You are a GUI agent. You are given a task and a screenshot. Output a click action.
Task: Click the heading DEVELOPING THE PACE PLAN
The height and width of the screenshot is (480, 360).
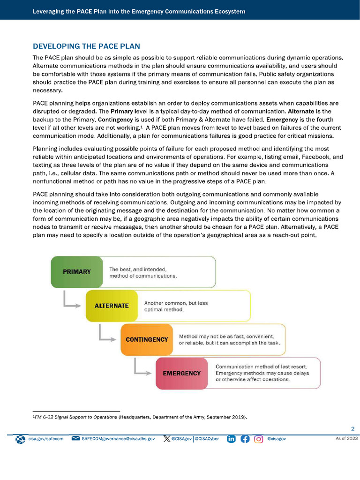pyautogui.click(x=86, y=46)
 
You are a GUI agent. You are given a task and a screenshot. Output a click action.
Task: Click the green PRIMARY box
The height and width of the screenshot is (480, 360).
pyautogui.click(x=77, y=271)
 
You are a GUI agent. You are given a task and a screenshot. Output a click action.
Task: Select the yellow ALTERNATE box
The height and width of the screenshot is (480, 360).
pyautogui.click(x=112, y=306)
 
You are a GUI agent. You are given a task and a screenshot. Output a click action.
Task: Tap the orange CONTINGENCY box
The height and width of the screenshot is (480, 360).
pyautogui.click(x=147, y=339)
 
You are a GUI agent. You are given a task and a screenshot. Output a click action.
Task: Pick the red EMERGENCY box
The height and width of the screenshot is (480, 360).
pyautogui.click(x=181, y=374)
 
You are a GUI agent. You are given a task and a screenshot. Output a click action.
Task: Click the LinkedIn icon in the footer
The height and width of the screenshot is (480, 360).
pyautogui.click(x=231, y=439)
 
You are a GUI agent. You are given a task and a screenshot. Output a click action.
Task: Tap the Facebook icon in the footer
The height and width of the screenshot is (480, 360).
pyautogui.click(x=245, y=439)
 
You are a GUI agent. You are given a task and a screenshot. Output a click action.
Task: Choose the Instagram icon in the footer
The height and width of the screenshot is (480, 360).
pyautogui.click(x=258, y=439)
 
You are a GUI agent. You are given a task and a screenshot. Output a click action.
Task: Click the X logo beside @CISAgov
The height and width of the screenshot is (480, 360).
pyautogui.click(x=166, y=439)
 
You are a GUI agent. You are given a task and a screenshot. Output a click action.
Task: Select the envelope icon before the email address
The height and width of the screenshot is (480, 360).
pyautogui.click(x=75, y=439)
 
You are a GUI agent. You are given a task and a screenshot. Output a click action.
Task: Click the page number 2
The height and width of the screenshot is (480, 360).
pyautogui.click(x=353, y=428)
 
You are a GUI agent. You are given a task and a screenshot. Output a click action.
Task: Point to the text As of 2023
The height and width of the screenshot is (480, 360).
pyautogui.click(x=346, y=439)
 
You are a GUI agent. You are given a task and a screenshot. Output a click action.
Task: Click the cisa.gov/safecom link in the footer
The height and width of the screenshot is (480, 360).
pyautogui.click(x=45, y=439)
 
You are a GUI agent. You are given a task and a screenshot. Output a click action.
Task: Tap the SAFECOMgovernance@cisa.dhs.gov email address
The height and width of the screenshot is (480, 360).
pyautogui.click(x=118, y=439)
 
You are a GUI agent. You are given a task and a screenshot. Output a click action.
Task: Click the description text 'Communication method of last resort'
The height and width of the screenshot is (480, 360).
pyautogui.click(x=261, y=366)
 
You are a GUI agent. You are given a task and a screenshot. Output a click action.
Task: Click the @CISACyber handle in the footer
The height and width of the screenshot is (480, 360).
pyautogui.click(x=207, y=439)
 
